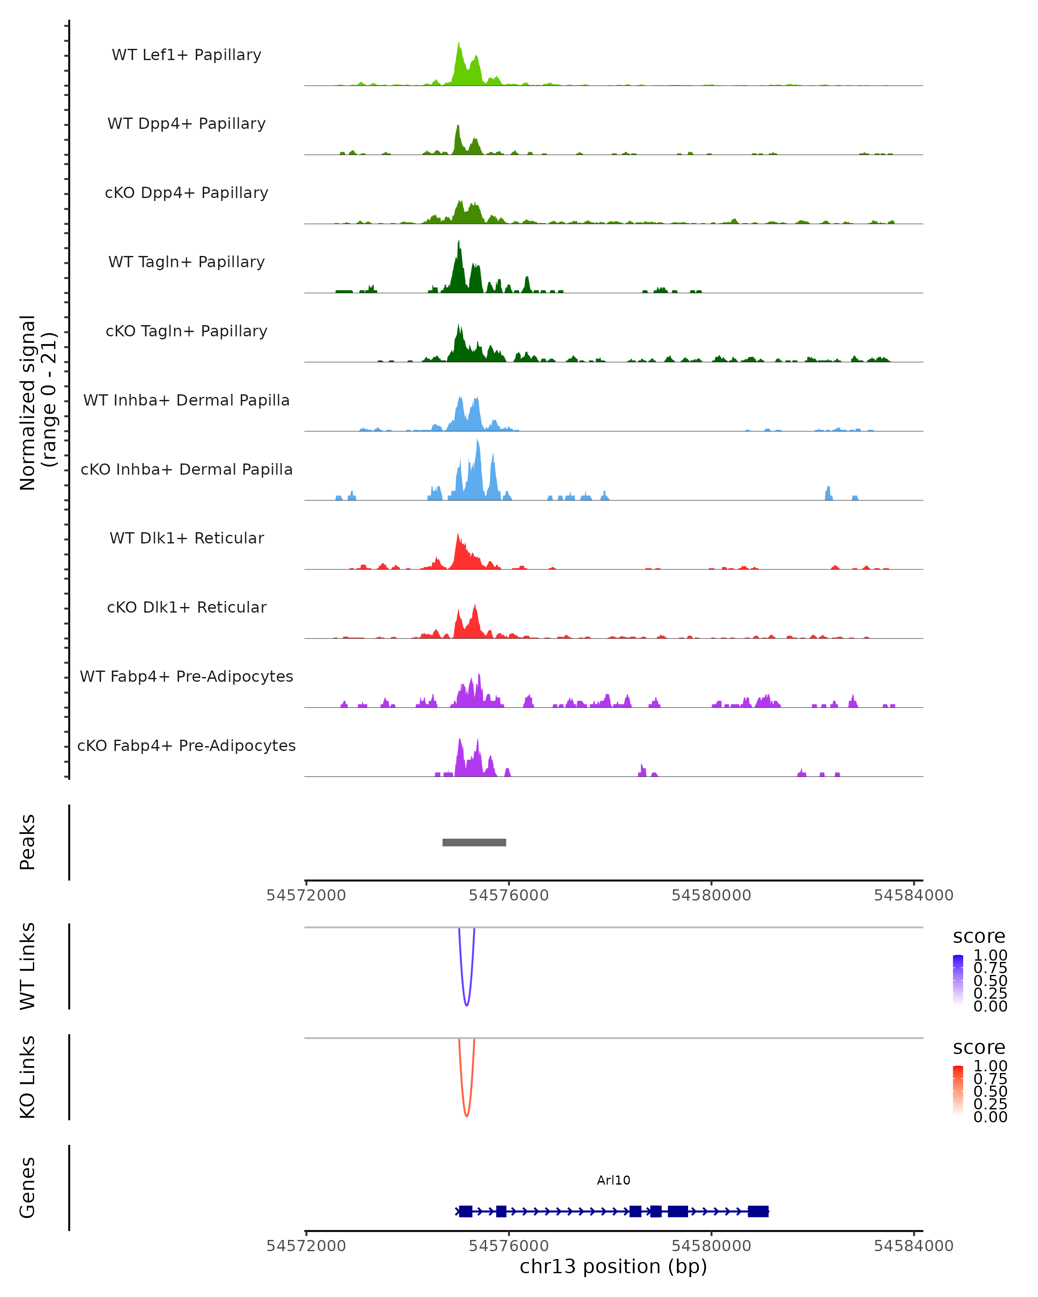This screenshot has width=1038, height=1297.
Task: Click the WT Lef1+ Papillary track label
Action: click(186, 55)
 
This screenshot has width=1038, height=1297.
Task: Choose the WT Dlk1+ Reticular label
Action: click(186, 538)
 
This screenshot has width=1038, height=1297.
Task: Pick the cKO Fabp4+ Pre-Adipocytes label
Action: click(186, 745)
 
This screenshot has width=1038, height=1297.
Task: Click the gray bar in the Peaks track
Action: click(474, 842)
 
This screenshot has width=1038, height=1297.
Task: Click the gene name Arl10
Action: click(613, 1180)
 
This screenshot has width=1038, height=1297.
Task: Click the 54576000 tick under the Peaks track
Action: click(509, 895)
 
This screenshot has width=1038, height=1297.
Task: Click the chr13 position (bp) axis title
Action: click(613, 1266)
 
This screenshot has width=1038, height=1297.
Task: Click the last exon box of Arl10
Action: click(758, 1211)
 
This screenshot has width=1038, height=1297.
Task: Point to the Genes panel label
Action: click(27, 1188)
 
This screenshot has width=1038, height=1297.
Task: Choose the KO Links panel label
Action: click(27, 1077)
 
